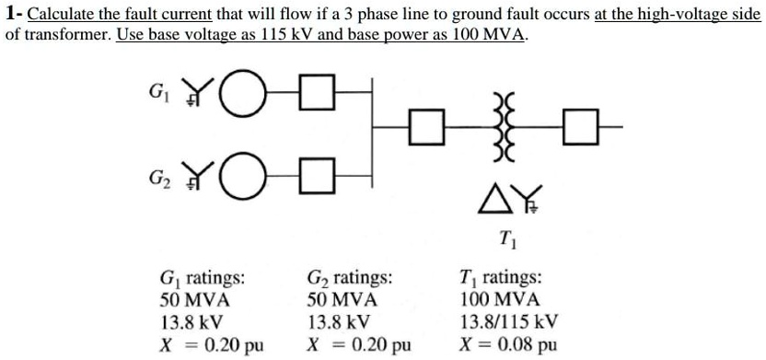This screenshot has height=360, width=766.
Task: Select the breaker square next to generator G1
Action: (x=318, y=92)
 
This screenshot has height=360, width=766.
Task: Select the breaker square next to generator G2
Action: (x=318, y=172)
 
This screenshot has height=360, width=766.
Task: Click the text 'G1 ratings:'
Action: (x=202, y=278)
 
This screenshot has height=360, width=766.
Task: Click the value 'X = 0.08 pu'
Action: (x=506, y=345)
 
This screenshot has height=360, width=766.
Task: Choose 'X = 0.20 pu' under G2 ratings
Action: (x=359, y=345)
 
